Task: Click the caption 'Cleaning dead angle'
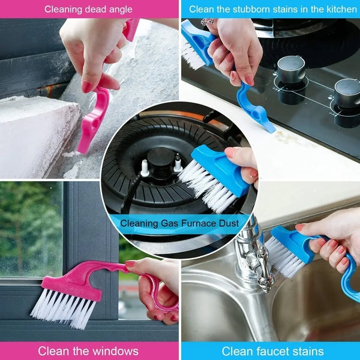click(x=88, y=9)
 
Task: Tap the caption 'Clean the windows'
click(x=88, y=351)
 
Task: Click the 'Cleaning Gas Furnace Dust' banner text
click(x=179, y=223)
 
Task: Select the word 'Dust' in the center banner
click(x=227, y=223)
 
